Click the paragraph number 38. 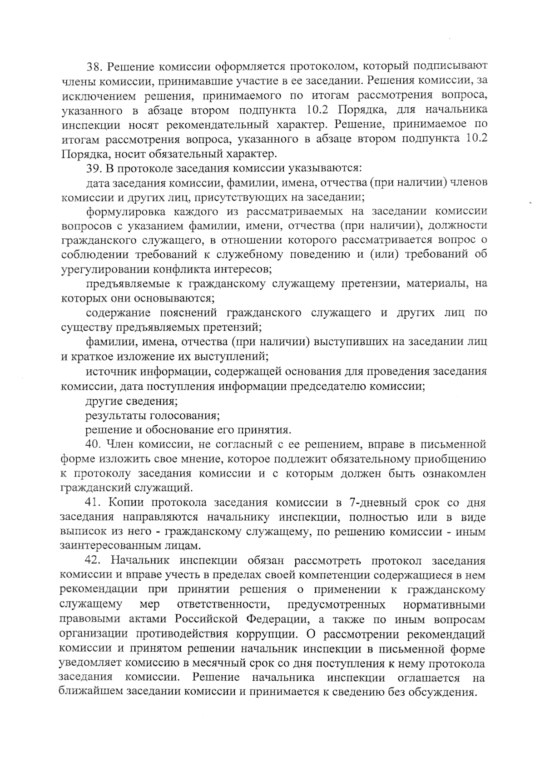click(95, 67)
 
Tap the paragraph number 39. click(95, 168)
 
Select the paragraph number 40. click(95, 444)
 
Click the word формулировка click(124, 211)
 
